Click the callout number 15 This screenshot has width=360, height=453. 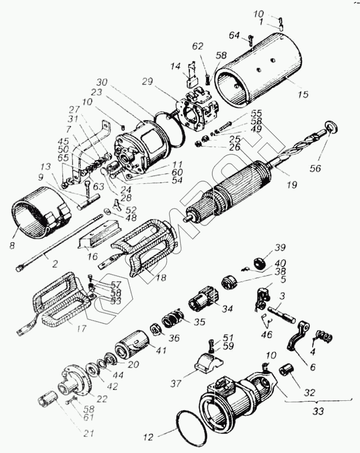click(303, 95)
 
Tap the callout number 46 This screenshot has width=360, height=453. click(267, 336)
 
